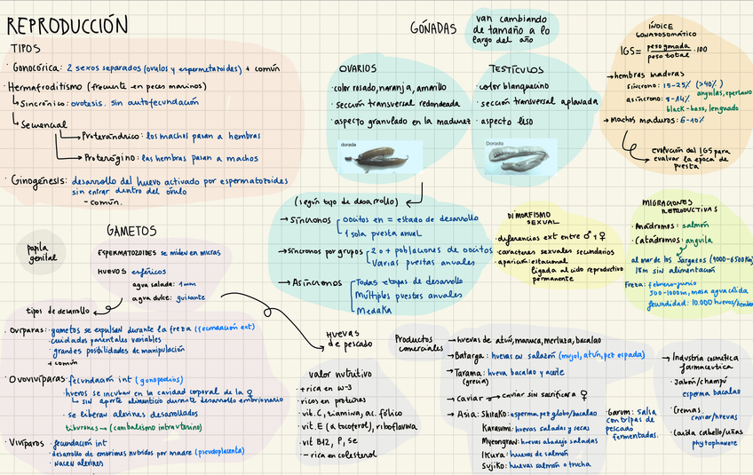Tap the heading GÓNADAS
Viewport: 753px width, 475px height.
click(x=433, y=28)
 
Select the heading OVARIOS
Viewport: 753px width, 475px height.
click(x=357, y=68)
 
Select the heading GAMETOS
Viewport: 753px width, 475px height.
click(x=131, y=231)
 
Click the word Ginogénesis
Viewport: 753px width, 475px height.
click(x=36, y=179)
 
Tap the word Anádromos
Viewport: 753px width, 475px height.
click(x=661, y=225)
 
